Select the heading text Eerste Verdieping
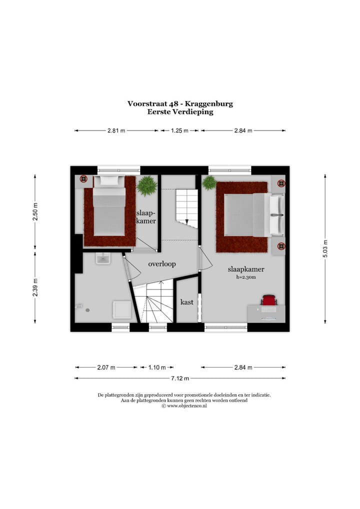tap(180, 112)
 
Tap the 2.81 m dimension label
tap(116, 131)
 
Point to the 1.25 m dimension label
tap(179, 131)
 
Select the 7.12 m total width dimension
tap(180, 378)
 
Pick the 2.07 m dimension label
tap(106, 367)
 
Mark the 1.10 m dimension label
tap(157, 367)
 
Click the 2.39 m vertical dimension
tap(35, 287)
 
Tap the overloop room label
tap(162, 264)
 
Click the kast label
tap(187, 302)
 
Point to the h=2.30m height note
tap(246, 277)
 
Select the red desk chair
tap(268, 300)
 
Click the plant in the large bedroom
tap(209, 182)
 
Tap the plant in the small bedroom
tap(147, 185)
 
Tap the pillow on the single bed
tap(109, 181)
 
